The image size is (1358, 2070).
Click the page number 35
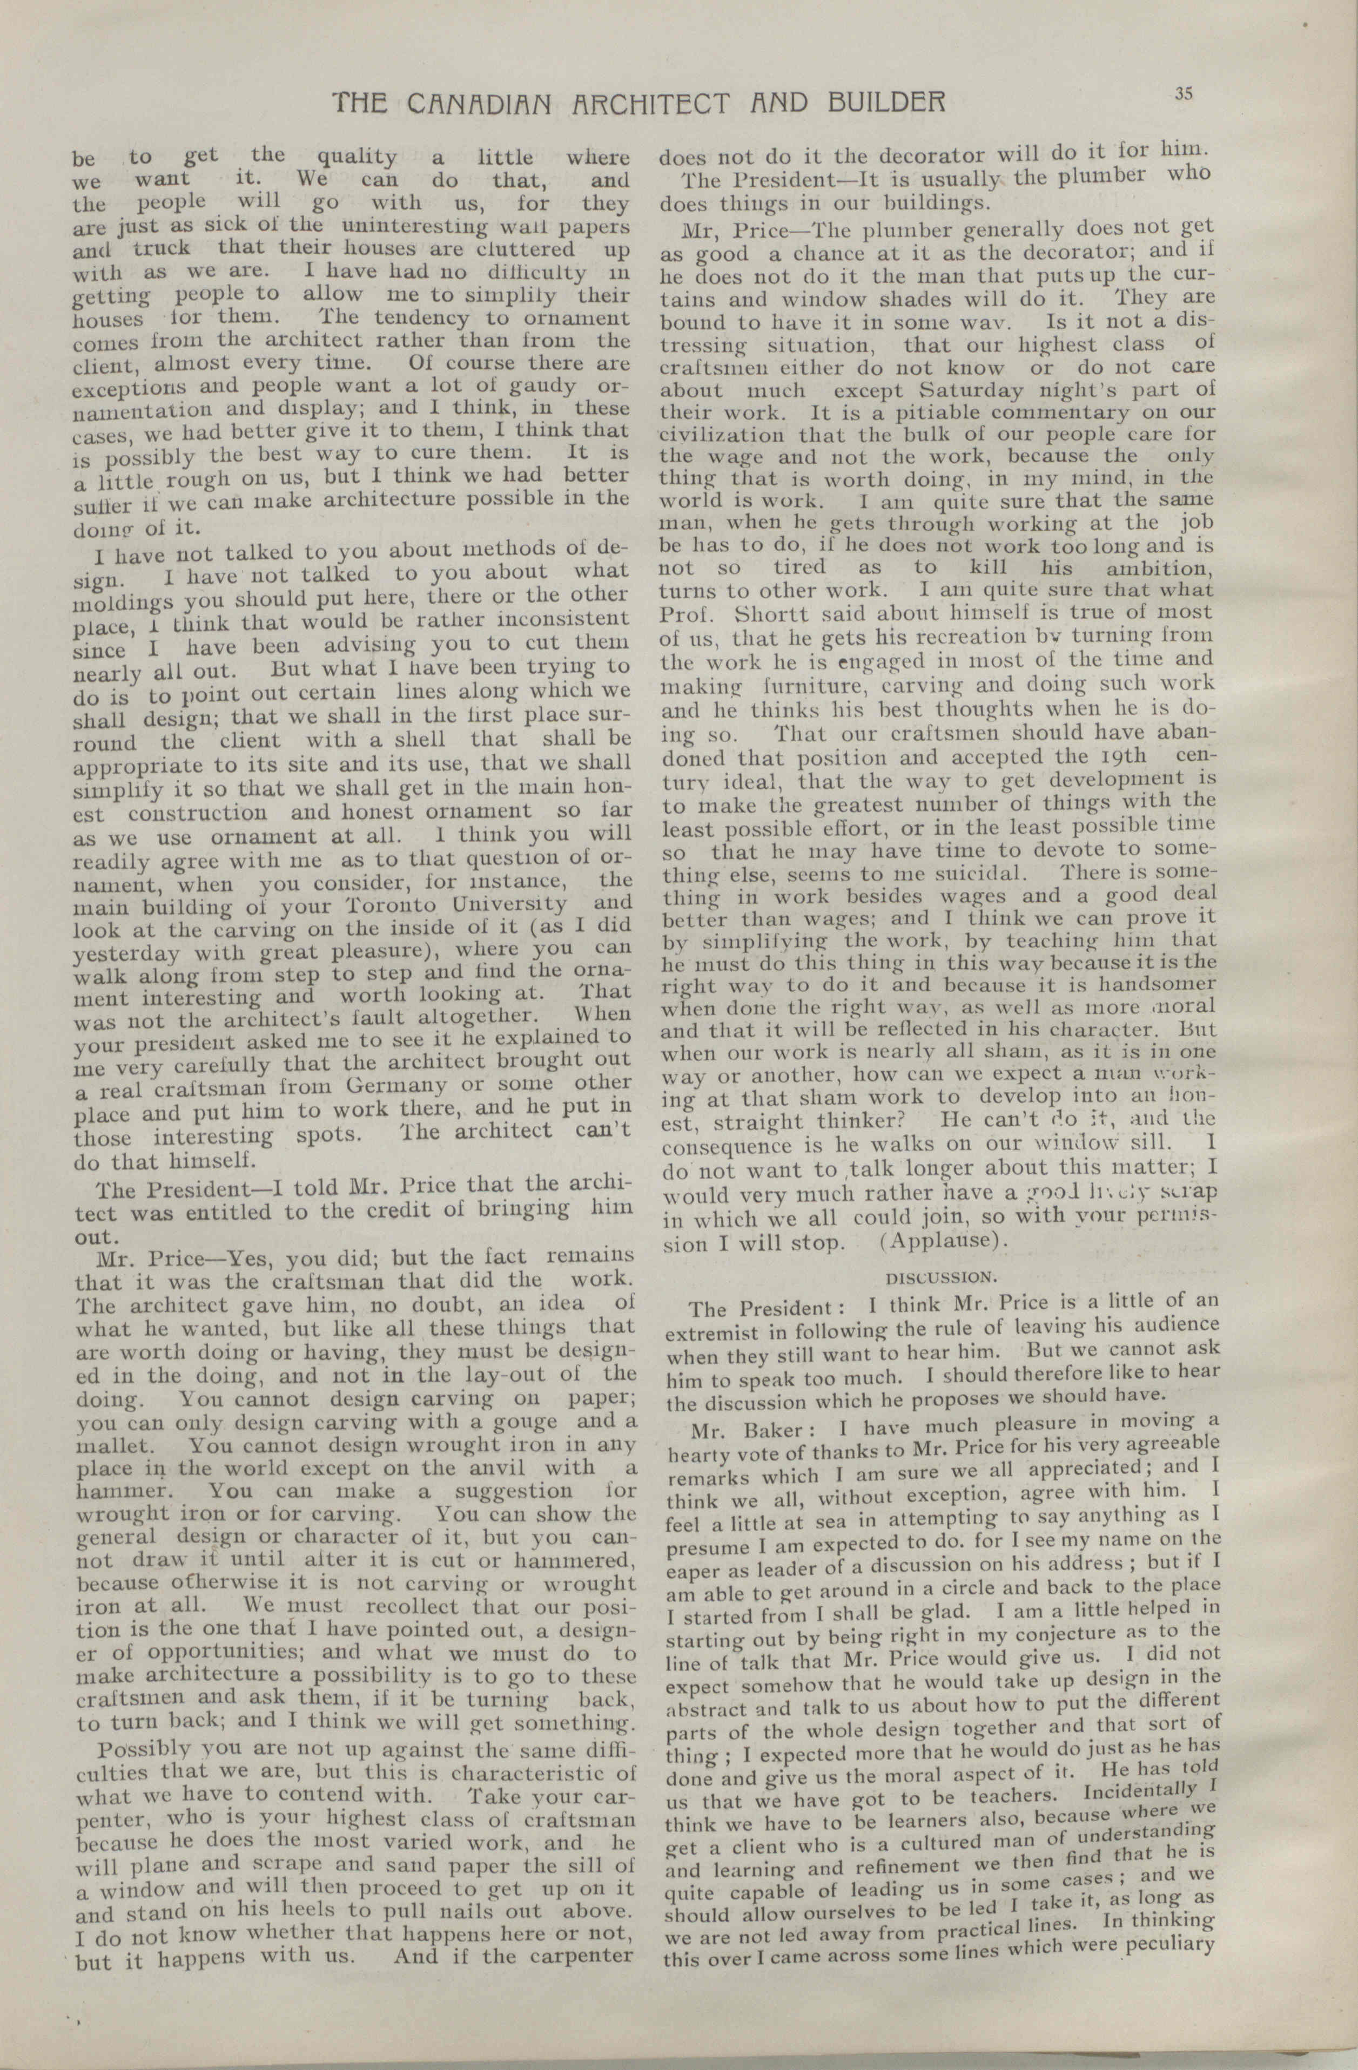tap(1182, 96)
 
